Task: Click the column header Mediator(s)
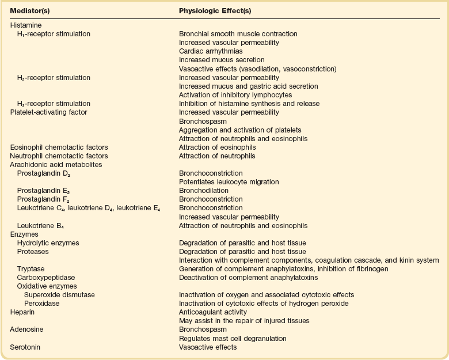point(31,10)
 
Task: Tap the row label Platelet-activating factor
point(48,112)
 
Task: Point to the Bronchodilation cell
point(204,190)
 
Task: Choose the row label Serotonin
point(25,347)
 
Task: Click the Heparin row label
point(22,312)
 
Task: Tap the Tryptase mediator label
point(31,268)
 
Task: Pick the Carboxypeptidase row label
point(44,277)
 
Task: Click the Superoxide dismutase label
point(59,295)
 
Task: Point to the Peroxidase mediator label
point(41,304)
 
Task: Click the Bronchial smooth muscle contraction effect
point(238,34)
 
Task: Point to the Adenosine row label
point(26,329)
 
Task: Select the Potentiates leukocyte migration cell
point(229,181)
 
